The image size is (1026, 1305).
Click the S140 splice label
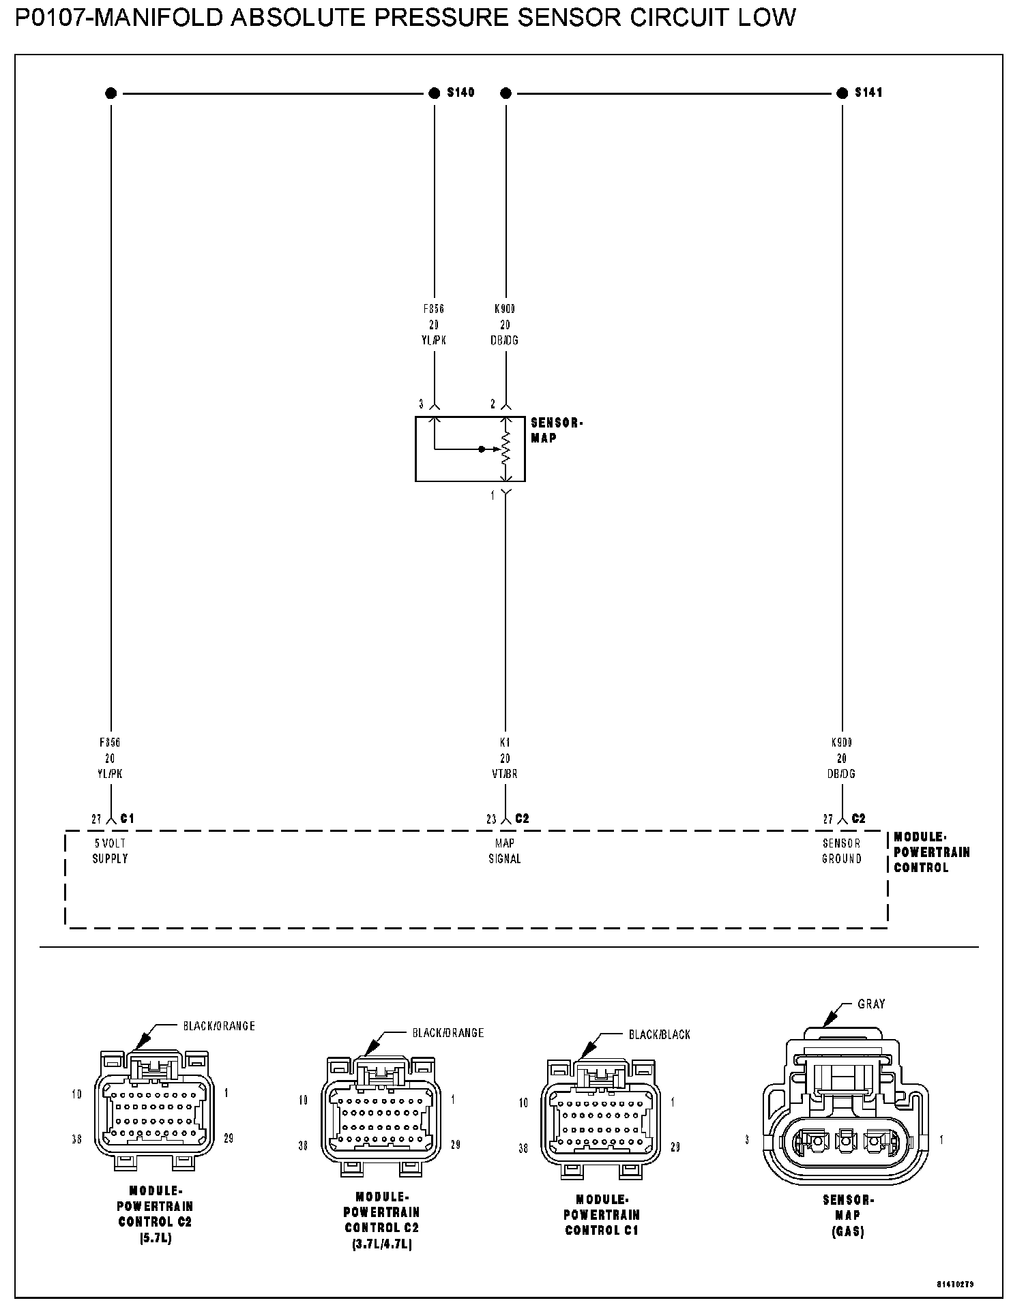(460, 92)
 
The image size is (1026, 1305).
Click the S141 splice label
(868, 92)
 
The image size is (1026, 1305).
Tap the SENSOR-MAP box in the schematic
(470, 449)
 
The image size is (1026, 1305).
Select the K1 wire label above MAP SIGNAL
(505, 742)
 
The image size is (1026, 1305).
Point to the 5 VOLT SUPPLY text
(110, 851)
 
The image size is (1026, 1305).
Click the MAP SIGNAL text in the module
(505, 851)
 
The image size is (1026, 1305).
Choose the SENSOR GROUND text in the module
(841, 851)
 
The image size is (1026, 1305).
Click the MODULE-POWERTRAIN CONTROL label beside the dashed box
(931, 852)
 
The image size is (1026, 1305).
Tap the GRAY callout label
(871, 1004)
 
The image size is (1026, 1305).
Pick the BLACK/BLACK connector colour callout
(659, 1034)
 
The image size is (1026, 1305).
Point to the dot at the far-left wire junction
(111, 93)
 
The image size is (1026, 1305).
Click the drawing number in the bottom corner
(955, 1283)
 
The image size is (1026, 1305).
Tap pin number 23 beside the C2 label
(491, 819)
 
